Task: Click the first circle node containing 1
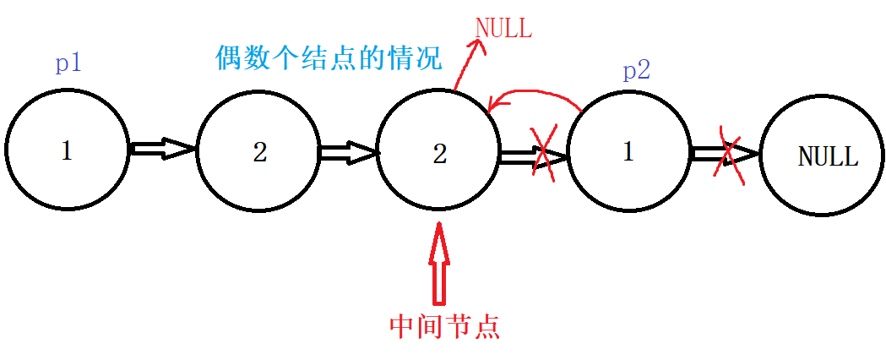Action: coord(67,150)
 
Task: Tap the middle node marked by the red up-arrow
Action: coord(438,152)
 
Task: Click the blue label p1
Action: coord(68,63)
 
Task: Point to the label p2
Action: coord(636,71)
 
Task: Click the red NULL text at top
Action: coord(504,28)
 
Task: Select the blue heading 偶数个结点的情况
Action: coord(329,59)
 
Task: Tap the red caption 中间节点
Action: coord(444,326)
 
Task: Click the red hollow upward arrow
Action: coord(439,262)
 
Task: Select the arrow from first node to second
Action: coord(164,150)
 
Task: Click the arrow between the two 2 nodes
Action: coord(348,153)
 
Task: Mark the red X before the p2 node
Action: coord(544,153)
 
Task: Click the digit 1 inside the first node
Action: coord(67,150)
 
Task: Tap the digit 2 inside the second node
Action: coord(259,152)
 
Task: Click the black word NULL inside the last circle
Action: coord(828,157)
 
